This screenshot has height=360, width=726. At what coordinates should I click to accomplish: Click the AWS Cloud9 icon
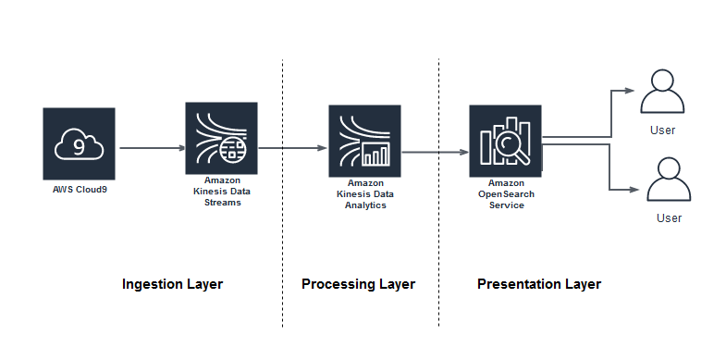[79, 143]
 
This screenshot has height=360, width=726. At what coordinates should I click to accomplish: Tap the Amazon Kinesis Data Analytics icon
[364, 140]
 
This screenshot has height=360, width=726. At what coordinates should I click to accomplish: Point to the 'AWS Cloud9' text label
[79, 189]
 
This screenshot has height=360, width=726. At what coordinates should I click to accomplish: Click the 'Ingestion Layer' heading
[172, 284]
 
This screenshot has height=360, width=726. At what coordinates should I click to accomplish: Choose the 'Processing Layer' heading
[358, 284]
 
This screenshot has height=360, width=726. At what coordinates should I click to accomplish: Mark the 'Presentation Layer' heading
[538, 284]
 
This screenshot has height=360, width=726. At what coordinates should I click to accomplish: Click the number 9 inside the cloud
[79, 145]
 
